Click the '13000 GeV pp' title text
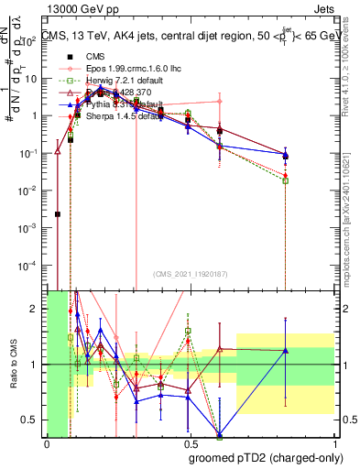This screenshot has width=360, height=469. coord(81,9)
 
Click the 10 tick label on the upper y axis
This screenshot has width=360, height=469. coord(34,79)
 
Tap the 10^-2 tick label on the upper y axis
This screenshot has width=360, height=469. coord(31,190)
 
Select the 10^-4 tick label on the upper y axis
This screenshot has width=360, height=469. coord(31,265)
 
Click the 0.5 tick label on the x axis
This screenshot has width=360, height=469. coord(191,444)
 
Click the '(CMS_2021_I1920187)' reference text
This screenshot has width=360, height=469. coord(189,273)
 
